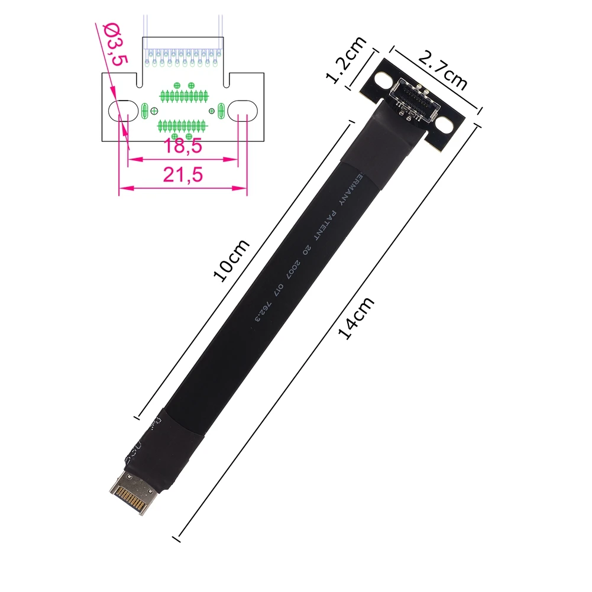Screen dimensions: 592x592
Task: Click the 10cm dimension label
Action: [x=231, y=260]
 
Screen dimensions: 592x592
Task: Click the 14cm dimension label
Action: [x=355, y=318]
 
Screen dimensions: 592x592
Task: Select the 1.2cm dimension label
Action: [x=346, y=59]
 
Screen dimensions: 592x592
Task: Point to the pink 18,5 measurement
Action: [x=183, y=145]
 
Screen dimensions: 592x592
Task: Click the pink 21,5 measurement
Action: [x=183, y=175]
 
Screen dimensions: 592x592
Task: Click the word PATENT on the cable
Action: [x=325, y=226]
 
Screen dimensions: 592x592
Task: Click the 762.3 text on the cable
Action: [x=264, y=311]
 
